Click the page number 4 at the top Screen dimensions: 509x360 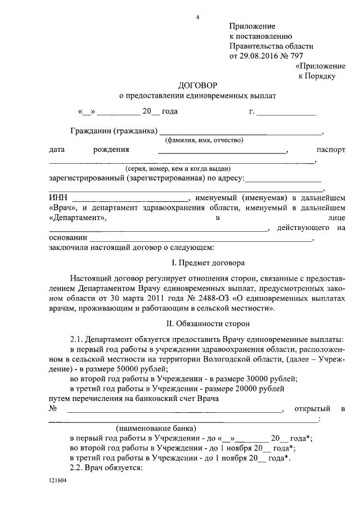click(197, 17)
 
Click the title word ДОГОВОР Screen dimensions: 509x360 click(197, 87)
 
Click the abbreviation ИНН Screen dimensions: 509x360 click(58, 199)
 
